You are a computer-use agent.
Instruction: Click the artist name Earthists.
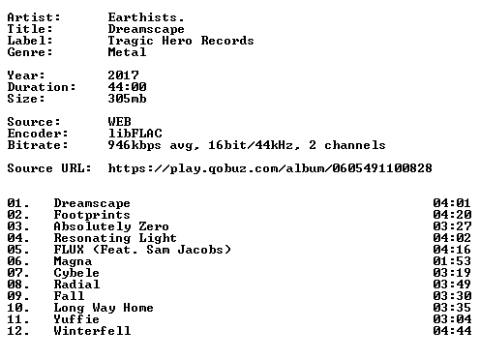pyautogui.click(x=146, y=17)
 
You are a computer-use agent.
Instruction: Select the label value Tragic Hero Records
pyautogui.click(x=181, y=41)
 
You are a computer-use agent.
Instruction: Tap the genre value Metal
pyautogui.click(x=127, y=52)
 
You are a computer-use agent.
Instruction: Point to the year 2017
pyautogui.click(x=123, y=75)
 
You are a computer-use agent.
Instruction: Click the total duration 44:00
pyautogui.click(x=127, y=87)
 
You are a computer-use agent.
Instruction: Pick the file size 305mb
pyautogui.click(x=127, y=99)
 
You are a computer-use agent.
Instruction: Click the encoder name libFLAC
pyautogui.click(x=135, y=134)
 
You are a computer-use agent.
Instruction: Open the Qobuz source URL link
pyautogui.click(x=270, y=168)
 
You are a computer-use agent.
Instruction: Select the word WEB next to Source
pyautogui.click(x=120, y=122)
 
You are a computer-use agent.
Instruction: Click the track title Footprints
pyautogui.click(x=92, y=215)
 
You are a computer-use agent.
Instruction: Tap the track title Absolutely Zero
pyautogui.click(x=111, y=226)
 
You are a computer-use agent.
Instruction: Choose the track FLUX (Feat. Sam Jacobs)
pyautogui.click(x=142, y=250)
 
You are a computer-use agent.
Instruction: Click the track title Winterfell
pyautogui.click(x=92, y=331)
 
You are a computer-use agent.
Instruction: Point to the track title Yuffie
pyautogui.click(x=76, y=319)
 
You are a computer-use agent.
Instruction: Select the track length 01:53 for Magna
pyautogui.click(x=452, y=261)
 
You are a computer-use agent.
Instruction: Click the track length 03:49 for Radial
pyautogui.click(x=452, y=285)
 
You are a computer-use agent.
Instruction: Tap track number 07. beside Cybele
pyautogui.click(x=18, y=273)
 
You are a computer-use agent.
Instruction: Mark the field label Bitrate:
pyautogui.click(x=38, y=145)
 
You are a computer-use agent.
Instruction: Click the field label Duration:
pyautogui.click(x=42, y=87)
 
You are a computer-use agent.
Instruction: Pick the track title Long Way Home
pyautogui.click(x=104, y=308)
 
